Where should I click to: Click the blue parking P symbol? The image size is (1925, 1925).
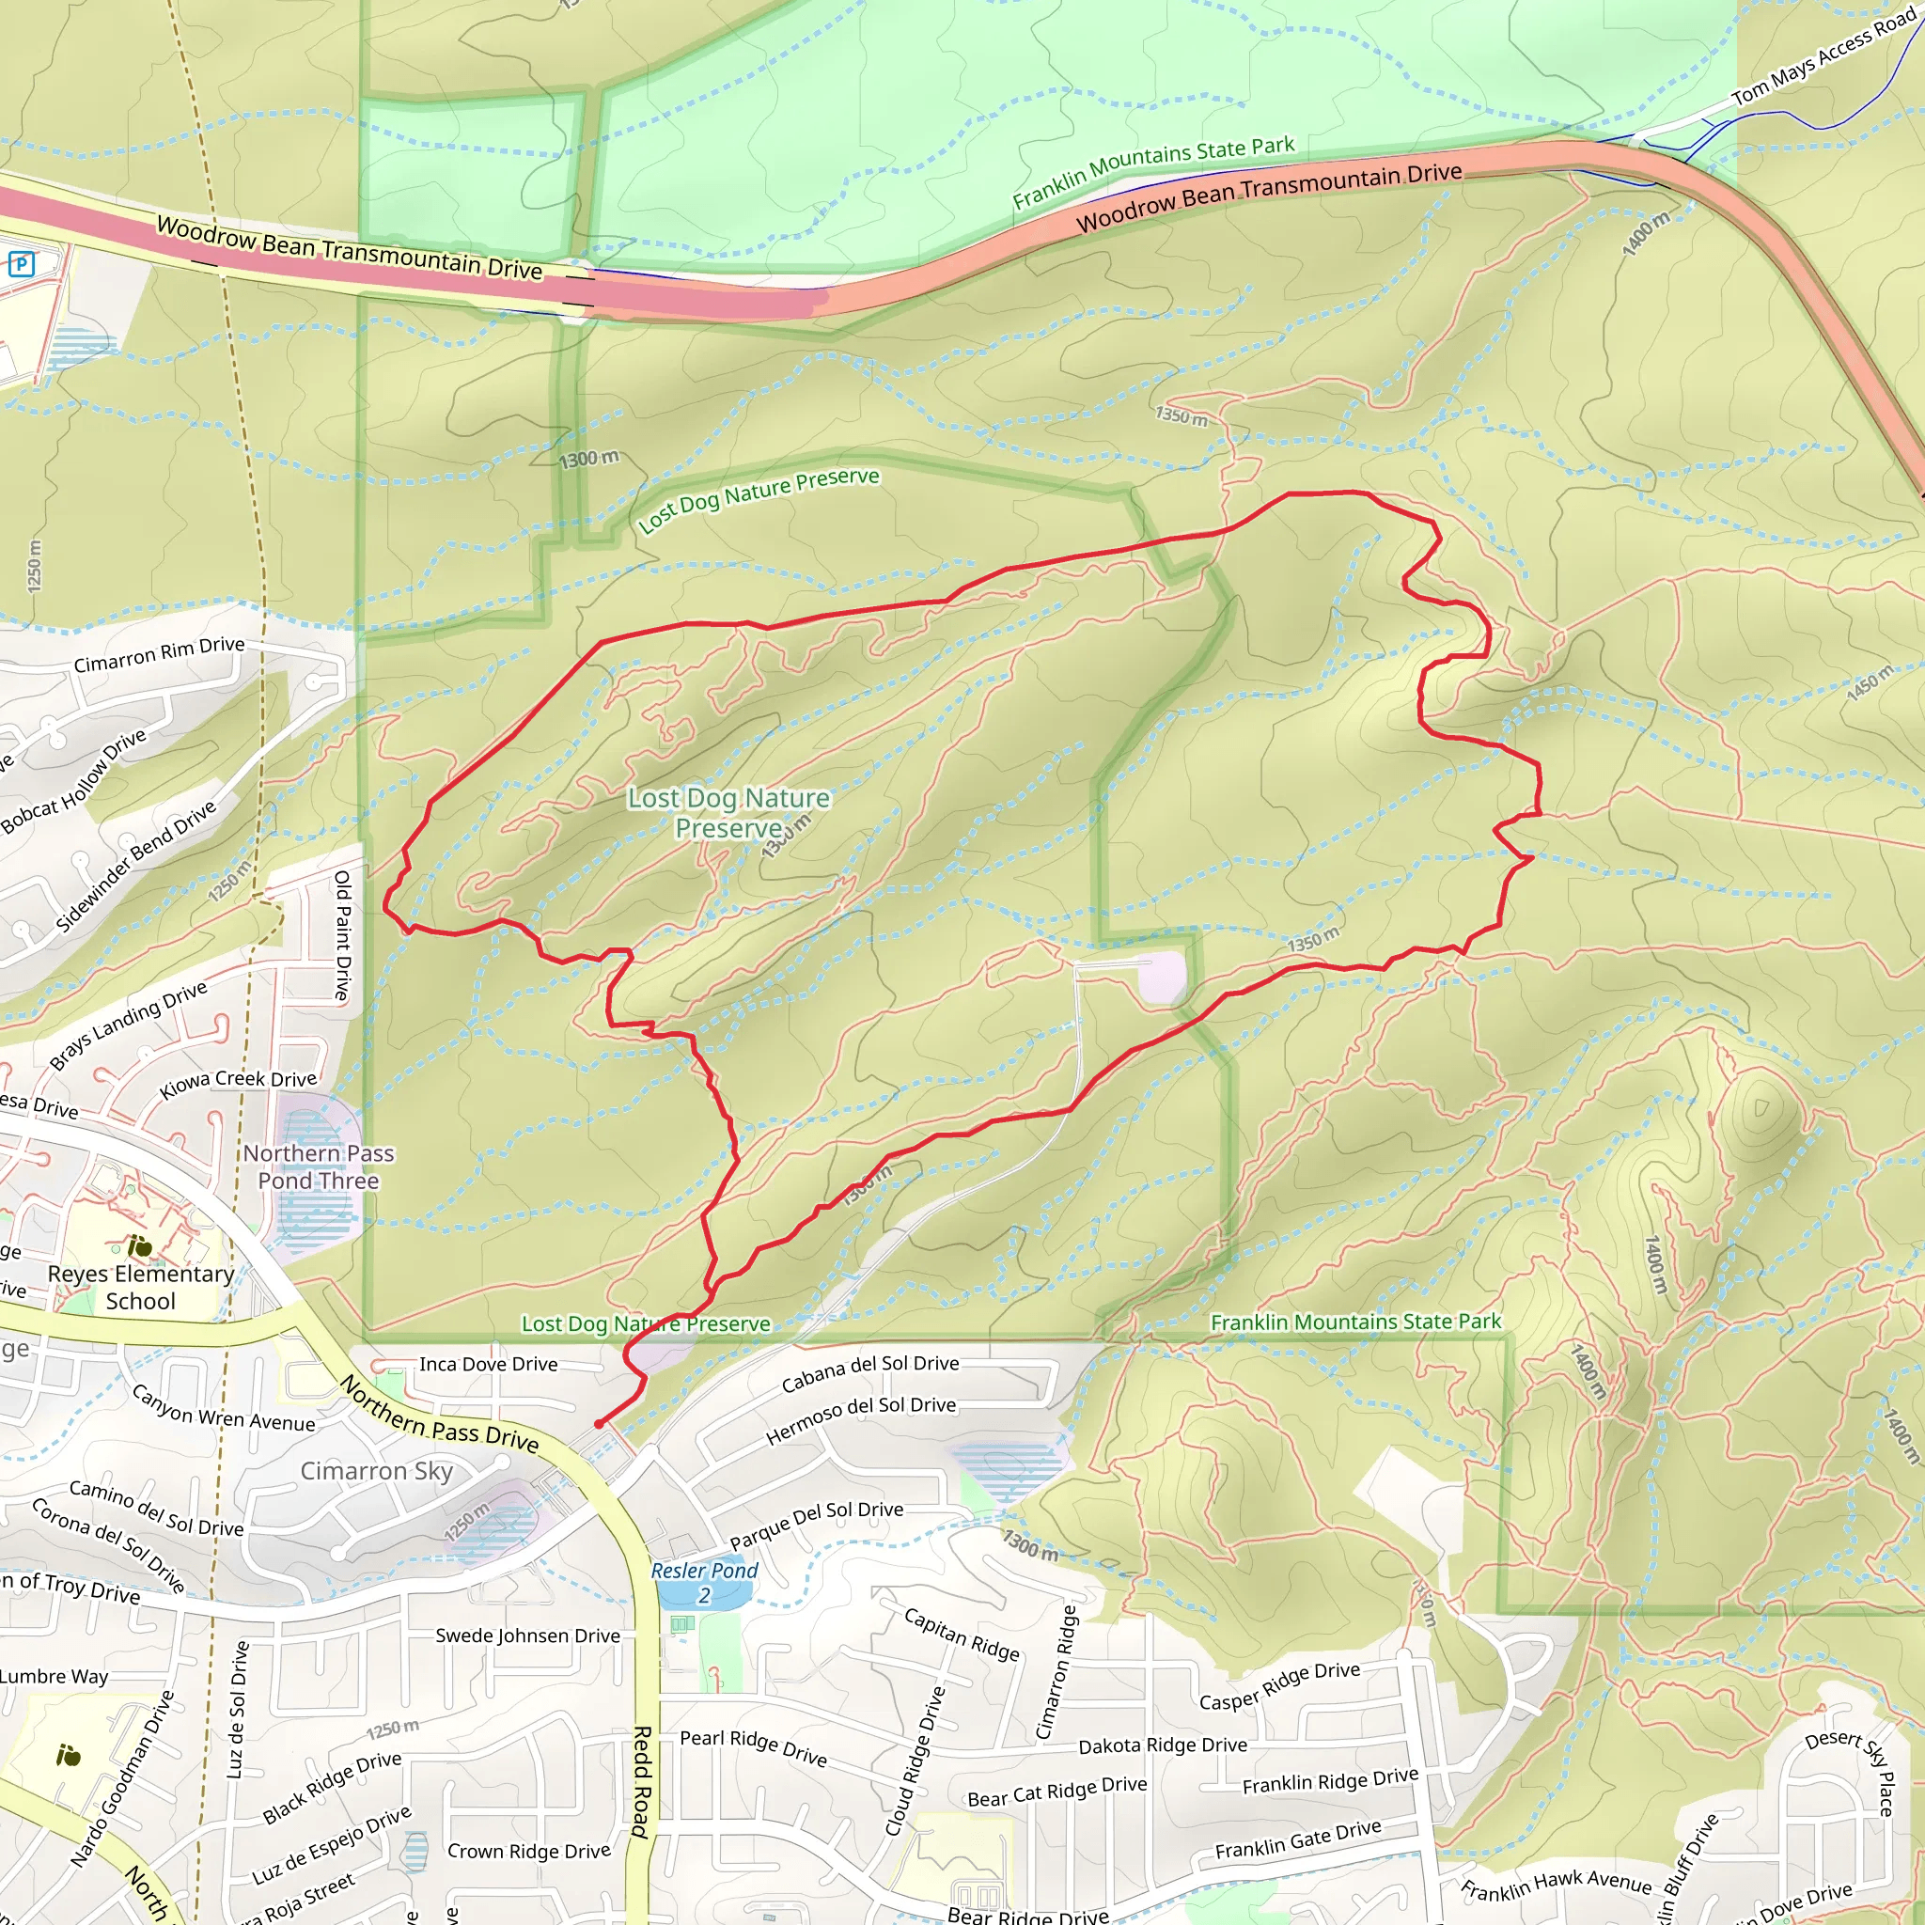tap(21, 264)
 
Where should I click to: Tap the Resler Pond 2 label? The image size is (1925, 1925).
tap(704, 1582)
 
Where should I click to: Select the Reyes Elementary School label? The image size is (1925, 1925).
tap(140, 1288)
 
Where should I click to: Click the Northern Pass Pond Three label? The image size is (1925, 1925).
tap(318, 1166)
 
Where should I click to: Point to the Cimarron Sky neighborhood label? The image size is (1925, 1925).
tap(377, 1472)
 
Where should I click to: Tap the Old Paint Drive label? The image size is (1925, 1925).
tap(343, 934)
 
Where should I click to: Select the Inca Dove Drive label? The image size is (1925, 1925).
tap(488, 1364)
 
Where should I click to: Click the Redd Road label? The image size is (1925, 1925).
tap(643, 1781)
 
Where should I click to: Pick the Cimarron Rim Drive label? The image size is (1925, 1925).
tap(160, 653)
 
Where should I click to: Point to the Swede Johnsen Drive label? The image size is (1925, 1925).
tap(527, 1636)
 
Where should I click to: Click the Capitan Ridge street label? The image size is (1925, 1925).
tap(962, 1634)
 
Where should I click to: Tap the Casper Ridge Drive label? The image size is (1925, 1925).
tap(1279, 1686)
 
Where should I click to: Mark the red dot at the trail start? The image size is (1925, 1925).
tap(598, 1425)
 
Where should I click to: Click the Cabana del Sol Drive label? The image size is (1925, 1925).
tap(869, 1374)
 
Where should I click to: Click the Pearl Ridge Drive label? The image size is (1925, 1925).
tap(753, 1748)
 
